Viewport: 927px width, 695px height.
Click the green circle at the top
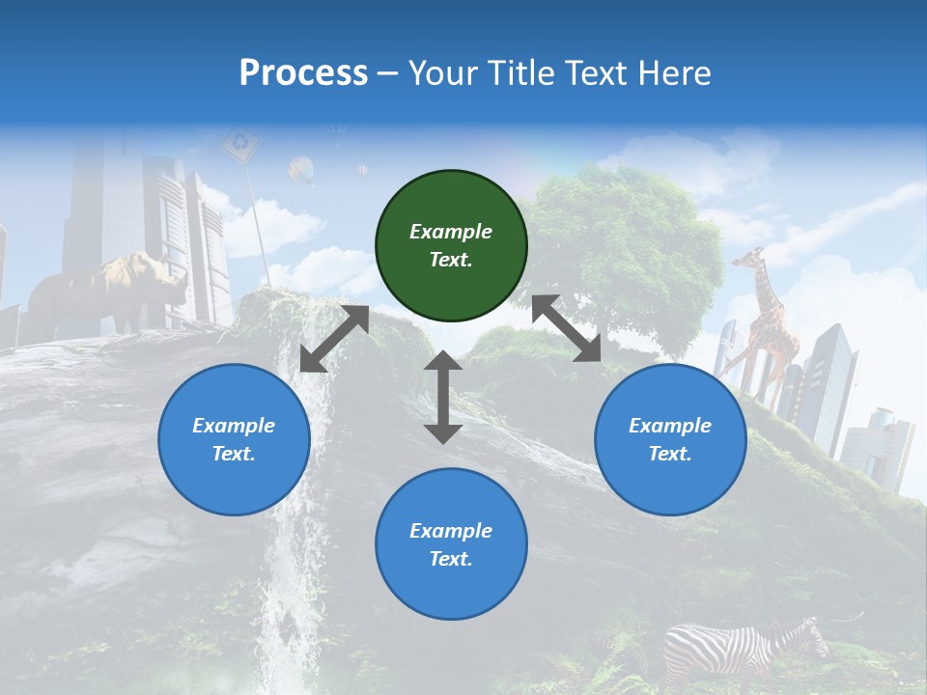tap(451, 246)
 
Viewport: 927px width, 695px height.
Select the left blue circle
tap(234, 440)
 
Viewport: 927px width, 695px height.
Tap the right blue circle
tap(670, 440)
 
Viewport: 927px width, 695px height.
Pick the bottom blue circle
tap(451, 544)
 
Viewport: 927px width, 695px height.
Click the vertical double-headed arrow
tap(443, 397)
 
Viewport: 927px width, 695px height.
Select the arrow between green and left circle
tap(334, 339)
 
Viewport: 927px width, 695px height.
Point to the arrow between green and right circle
tap(567, 328)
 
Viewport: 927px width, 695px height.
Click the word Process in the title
tap(303, 73)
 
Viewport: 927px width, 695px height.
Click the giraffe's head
tap(749, 258)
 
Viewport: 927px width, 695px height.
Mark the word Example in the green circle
tap(451, 232)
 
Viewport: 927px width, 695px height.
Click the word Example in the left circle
tap(234, 426)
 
